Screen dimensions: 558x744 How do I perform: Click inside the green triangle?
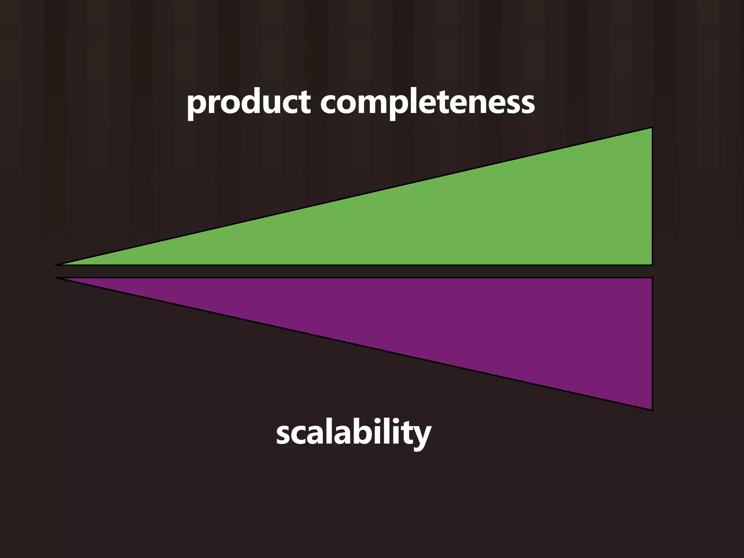tap(509, 218)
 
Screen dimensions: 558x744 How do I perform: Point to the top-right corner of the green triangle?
tap(652, 128)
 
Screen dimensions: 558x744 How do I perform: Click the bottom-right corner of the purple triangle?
tap(652, 409)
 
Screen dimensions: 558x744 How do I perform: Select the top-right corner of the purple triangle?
tap(652, 278)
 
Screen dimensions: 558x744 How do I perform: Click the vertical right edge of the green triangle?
tap(652, 196)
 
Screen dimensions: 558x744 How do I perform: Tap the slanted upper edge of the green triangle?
tap(354, 197)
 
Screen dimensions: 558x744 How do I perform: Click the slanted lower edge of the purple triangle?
tap(354, 344)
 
